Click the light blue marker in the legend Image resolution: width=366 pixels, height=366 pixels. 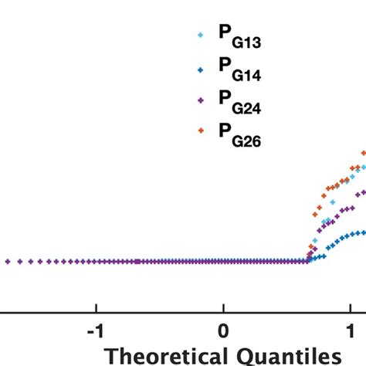(x=201, y=35)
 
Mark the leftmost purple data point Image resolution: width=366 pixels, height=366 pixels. (x=8, y=262)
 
